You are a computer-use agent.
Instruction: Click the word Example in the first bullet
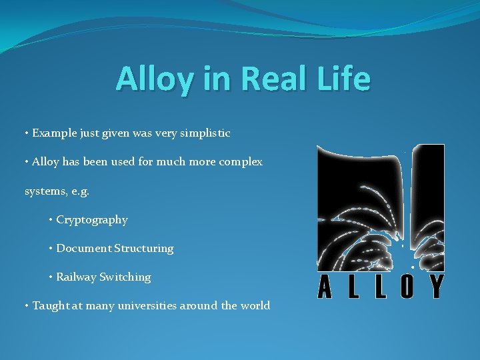click(53, 133)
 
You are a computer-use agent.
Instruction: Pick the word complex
click(241, 162)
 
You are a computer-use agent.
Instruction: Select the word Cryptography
click(92, 220)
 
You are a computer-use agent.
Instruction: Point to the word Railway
click(76, 277)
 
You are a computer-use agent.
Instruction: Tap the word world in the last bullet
click(255, 306)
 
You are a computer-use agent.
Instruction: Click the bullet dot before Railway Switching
click(51, 277)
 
